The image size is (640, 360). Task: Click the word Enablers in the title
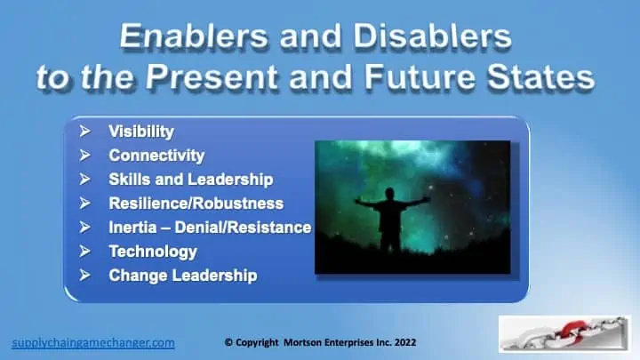195,36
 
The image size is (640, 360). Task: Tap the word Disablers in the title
432,36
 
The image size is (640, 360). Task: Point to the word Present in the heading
212,76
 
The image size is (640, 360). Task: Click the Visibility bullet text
141,132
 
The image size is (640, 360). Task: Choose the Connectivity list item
156,156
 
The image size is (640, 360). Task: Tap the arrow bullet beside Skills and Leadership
85,180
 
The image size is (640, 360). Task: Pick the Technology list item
153,252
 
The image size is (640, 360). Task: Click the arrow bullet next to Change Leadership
85,275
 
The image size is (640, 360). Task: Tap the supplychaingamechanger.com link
93,342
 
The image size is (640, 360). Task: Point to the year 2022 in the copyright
405,342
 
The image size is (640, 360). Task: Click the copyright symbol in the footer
228,342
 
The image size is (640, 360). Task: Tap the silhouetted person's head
390,194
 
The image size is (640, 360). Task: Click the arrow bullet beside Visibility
85,132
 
